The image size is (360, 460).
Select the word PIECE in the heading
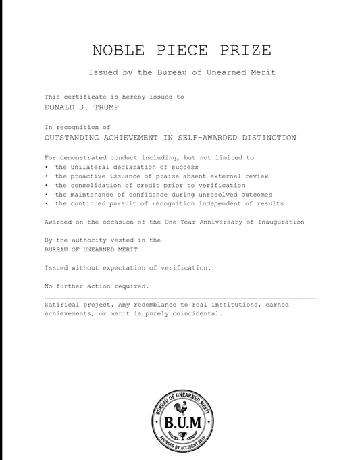click(180, 51)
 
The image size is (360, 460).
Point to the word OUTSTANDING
click(75, 138)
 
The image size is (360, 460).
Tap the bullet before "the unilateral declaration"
click(47, 167)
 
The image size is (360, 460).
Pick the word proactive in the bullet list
click(95, 176)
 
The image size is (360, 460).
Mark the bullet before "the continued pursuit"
click(47, 203)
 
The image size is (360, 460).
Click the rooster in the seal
click(181, 409)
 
